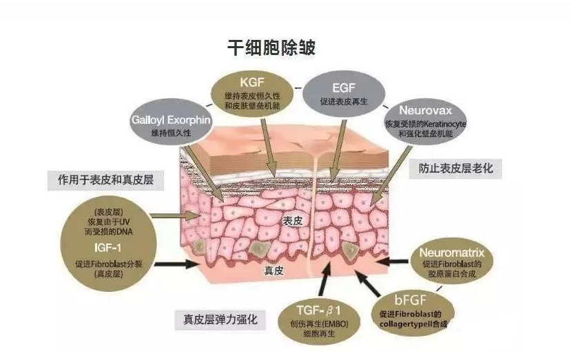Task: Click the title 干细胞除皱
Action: click(x=271, y=47)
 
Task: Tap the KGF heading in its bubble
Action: click(x=252, y=83)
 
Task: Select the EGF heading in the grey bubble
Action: click(x=344, y=87)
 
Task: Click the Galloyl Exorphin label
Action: click(x=171, y=120)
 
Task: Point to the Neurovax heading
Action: click(x=426, y=110)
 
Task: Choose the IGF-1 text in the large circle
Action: click(x=107, y=248)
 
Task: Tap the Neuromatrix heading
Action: click(x=452, y=252)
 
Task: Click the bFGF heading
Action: click(x=410, y=300)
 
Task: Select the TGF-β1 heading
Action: click(x=318, y=310)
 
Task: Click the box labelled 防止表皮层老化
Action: click(x=455, y=168)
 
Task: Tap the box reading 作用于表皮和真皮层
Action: click(x=105, y=180)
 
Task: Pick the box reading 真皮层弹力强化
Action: click(x=220, y=319)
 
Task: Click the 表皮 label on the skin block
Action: click(x=293, y=220)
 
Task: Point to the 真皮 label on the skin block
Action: click(x=273, y=271)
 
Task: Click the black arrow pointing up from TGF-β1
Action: click(x=324, y=279)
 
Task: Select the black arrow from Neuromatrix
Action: click(x=392, y=261)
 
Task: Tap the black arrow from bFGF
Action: click(x=367, y=283)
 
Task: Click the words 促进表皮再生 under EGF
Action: click(x=344, y=102)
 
